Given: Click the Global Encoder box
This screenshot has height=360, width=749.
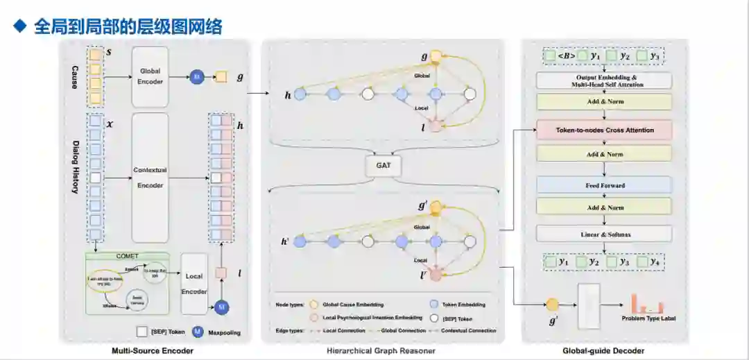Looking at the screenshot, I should click(150, 77).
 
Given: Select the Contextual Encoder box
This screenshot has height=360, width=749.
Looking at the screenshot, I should click(150, 178).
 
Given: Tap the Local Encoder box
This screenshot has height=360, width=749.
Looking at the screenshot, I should click(194, 283).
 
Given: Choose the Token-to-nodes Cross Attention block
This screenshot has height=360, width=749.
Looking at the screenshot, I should click(604, 130).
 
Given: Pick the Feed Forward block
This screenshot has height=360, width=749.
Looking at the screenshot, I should click(604, 185).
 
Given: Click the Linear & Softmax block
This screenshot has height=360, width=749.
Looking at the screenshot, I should click(604, 234).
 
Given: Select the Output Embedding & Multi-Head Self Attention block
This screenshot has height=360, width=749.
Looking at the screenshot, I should click(604, 80).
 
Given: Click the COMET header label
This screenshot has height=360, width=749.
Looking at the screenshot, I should click(127, 256).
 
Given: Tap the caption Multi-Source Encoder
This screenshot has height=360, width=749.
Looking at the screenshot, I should click(153, 351).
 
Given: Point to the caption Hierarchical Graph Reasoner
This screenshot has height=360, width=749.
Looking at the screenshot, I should click(381, 351).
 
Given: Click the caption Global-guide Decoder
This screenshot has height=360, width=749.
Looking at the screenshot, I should click(603, 351).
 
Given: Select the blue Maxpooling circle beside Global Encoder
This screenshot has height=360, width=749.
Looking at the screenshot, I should click(197, 78).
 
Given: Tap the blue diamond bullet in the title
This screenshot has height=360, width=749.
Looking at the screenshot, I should click(20, 26).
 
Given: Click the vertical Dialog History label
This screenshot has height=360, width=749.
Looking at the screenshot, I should click(75, 166).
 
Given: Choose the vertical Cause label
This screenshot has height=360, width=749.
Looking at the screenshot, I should click(75, 72).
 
